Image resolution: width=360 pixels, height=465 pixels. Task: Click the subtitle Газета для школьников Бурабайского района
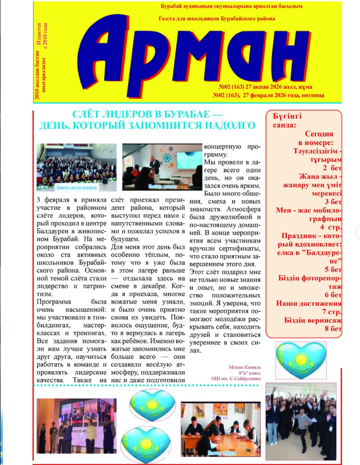pos(217,19)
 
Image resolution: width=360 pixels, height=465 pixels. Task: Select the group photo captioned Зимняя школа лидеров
pos(77,167)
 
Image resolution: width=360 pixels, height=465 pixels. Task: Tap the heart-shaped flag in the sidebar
pos(301,356)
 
